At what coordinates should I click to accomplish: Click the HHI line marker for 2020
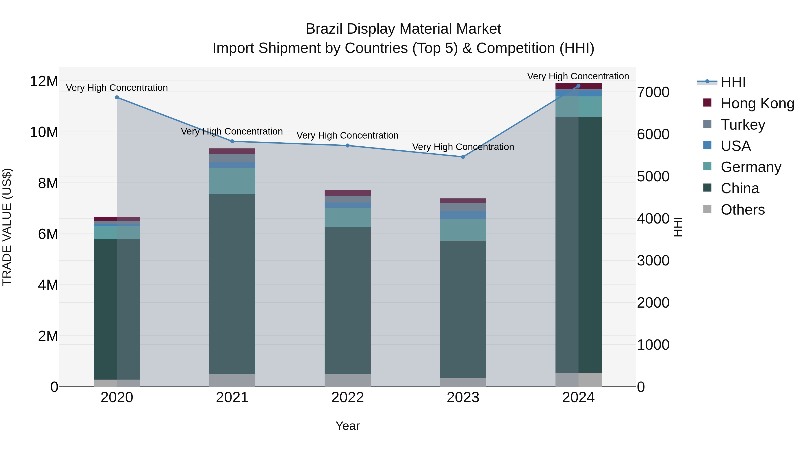click(x=117, y=98)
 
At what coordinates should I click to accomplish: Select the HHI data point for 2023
click(x=463, y=157)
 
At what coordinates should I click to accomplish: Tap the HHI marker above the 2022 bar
click(x=347, y=145)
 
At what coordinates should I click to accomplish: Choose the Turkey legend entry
click(x=742, y=124)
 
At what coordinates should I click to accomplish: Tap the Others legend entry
click(x=742, y=209)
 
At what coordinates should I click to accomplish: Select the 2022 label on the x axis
click(x=347, y=398)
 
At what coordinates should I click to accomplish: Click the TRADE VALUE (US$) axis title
click(x=7, y=227)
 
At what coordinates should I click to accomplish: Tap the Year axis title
click(x=347, y=426)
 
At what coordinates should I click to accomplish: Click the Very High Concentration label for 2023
click(x=463, y=147)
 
